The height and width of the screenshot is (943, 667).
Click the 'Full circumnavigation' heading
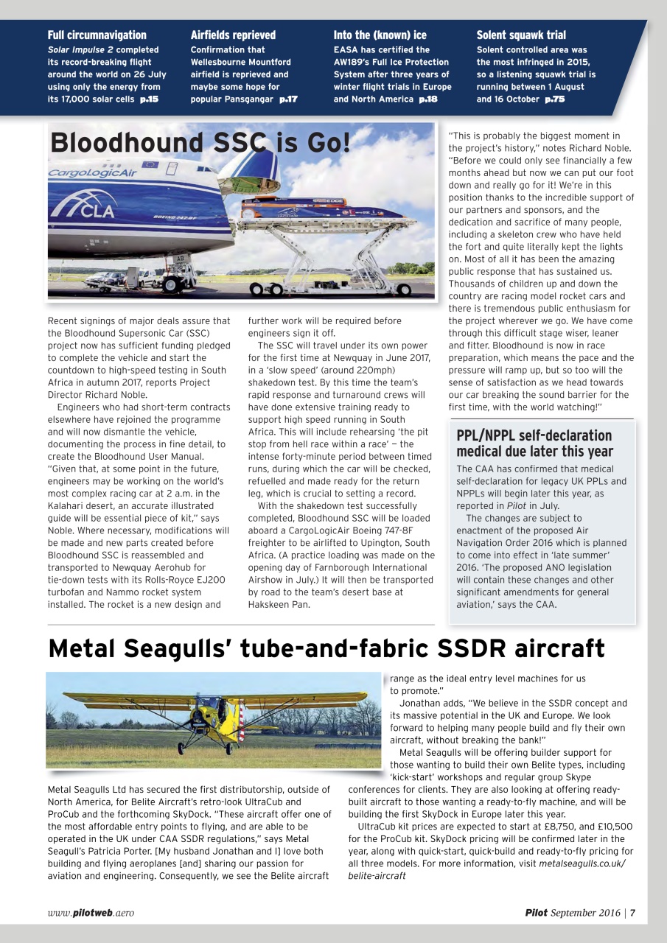tap(97, 35)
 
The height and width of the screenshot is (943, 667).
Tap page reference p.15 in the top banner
tap(149, 99)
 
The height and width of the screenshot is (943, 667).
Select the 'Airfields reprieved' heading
tap(233, 35)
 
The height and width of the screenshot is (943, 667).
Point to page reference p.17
tap(288, 99)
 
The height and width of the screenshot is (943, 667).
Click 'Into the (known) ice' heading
tap(380, 35)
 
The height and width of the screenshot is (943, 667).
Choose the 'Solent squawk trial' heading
tap(521, 35)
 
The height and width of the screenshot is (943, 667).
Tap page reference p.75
tap(554, 99)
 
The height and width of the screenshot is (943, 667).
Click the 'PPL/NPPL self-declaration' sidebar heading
tap(534, 435)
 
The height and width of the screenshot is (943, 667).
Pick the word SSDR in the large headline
tap(481, 648)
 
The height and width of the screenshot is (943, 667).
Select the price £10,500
tap(607, 827)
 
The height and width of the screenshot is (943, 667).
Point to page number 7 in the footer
tap(632, 913)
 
